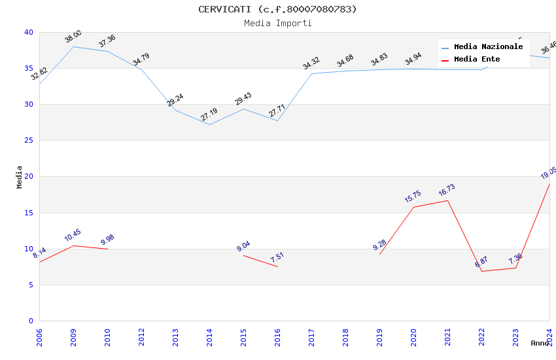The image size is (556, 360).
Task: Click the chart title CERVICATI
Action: tap(277, 9)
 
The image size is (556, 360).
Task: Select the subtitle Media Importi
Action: tap(277, 23)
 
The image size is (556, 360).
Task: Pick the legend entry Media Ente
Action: tap(477, 59)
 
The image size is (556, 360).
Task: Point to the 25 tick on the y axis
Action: tap(28, 141)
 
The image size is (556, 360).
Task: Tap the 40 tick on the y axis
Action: tap(28, 32)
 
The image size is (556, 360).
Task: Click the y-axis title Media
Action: tap(20, 177)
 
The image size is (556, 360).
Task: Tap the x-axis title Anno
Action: tap(540, 343)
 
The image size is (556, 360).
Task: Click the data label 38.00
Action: tap(73, 37)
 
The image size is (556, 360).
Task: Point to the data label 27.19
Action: tap(209, 115)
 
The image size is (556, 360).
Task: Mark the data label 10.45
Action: tap(73, 236)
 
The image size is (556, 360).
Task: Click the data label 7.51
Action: tap(277, 257)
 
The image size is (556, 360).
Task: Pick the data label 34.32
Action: tap(311, 63)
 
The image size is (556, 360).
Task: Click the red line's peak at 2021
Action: tap(448, 200)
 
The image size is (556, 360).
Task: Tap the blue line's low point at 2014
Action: tap(209, 124)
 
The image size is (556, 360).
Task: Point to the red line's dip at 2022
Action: tap(482, 271)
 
